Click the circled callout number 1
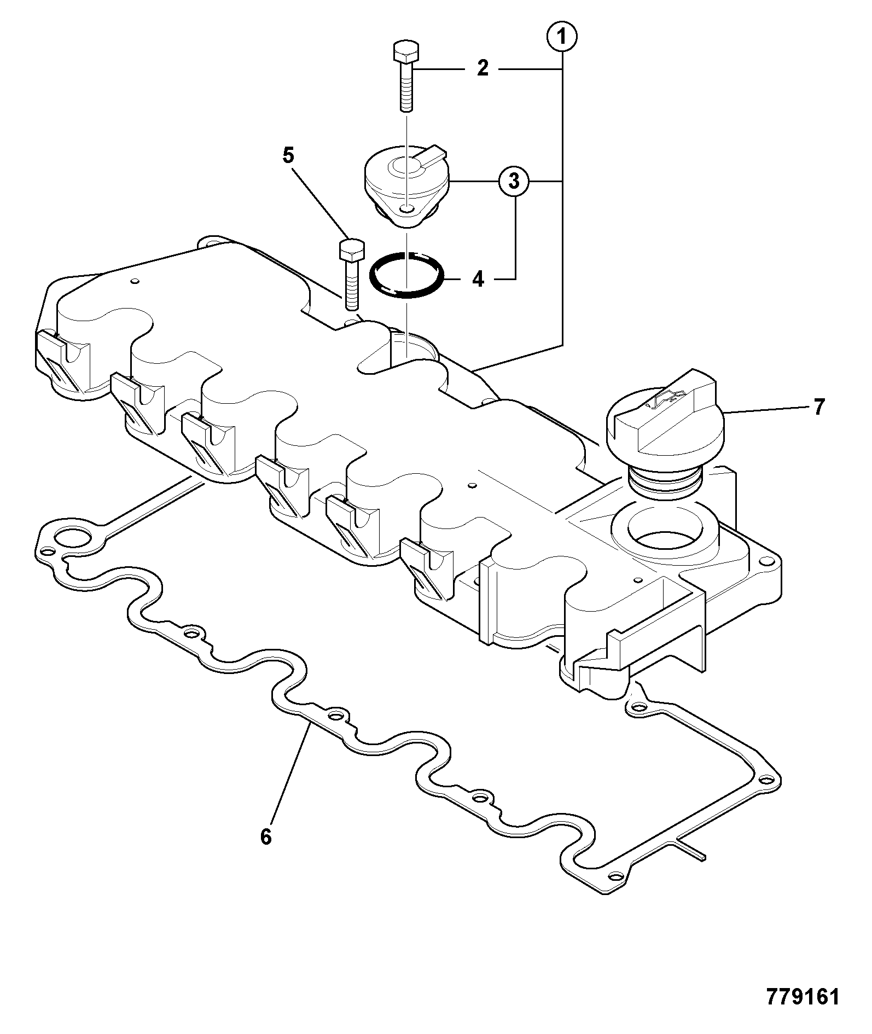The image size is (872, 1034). point(562,38)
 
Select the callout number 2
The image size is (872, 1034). point(482,69)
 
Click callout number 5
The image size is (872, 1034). point(288,155)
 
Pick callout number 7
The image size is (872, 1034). point(818,407)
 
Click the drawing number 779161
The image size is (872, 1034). point(802,997)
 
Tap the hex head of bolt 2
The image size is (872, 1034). point(405,53)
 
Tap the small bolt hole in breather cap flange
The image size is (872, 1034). point(405,208)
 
